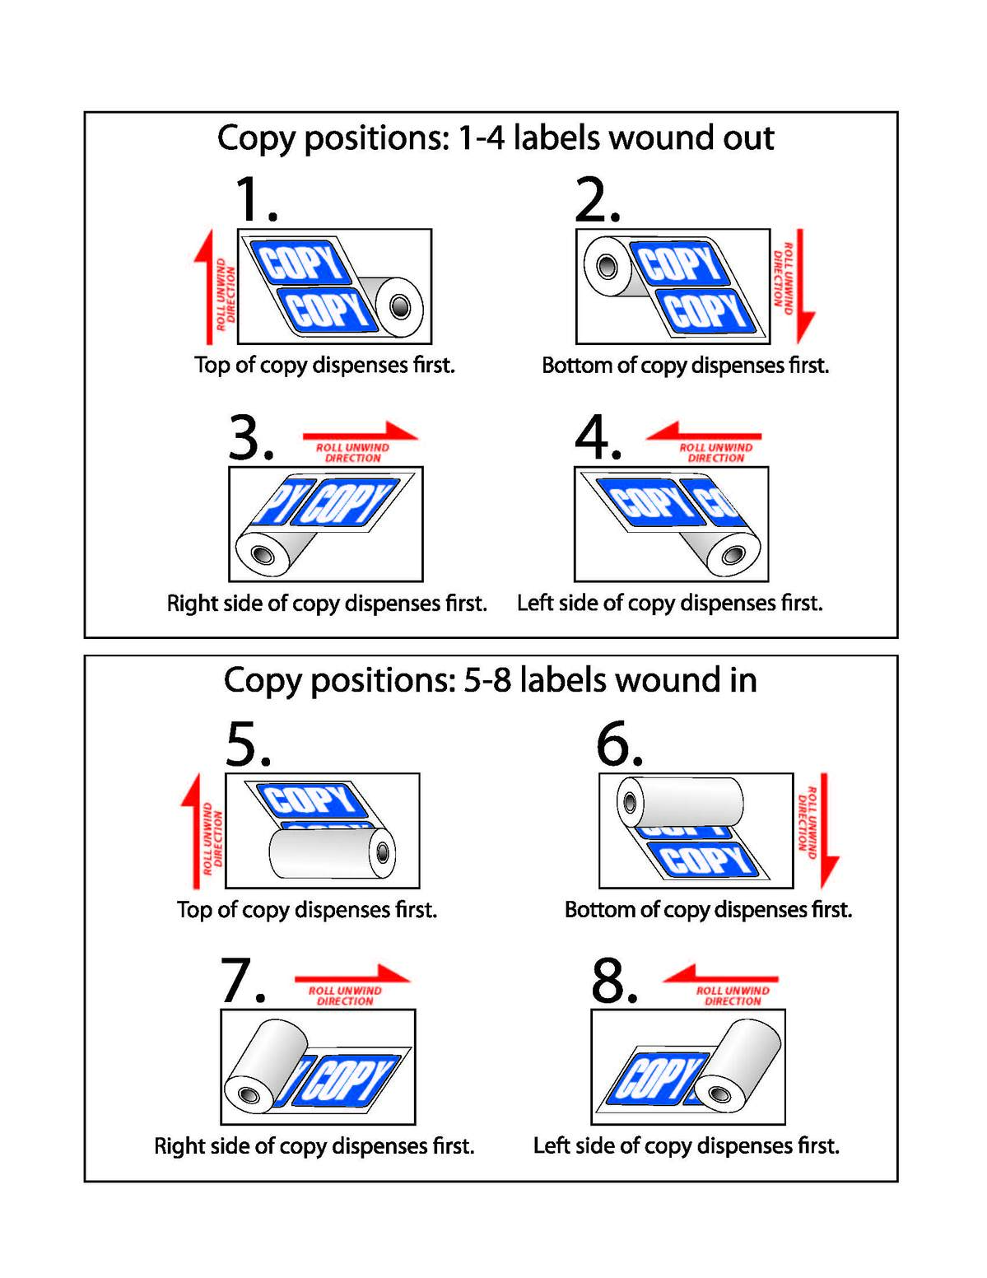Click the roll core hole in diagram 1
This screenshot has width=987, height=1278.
(x=400, y=307)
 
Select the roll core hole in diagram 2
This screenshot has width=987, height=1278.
(x=607, y=267)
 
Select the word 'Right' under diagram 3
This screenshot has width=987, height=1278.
(x=192, y=604)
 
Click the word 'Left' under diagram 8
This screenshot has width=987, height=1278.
(x=552, y=1146)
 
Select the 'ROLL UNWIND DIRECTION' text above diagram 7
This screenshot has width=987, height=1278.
(x=345, y=996)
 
